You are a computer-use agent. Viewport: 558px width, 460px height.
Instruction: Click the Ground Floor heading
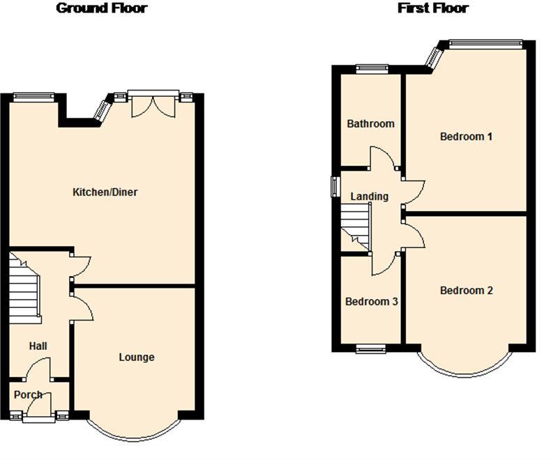pyautogui.click(x=102, y=8)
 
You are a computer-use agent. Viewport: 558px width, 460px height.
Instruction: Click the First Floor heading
pyautogui.click(x=432, y=8)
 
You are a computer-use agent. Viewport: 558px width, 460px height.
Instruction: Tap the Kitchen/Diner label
pyautogui.click(x=105, y=192)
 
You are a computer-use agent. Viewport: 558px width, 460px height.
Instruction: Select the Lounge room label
pyautogui.click(x=137, y=358)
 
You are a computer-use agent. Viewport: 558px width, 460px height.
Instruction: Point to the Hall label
pyautogui.click(x=38, y=346)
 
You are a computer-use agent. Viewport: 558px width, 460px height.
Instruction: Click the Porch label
pyautogui.click(x=28, y=394)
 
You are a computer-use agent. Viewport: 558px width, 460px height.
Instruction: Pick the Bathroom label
pyautogui.click(x=370, y=123)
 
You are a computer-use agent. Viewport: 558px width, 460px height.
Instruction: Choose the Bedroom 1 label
pyautogui.click(x=466, y=137)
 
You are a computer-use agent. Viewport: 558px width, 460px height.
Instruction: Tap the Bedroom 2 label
pyautogui.click(x=467, y=291)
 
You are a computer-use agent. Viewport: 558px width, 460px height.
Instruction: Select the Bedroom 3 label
pyautogui.click(x=372, y=302)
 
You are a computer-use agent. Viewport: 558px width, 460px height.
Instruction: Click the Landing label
pyautogui.click(x=370, y=197)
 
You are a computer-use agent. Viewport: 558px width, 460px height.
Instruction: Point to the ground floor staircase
pyautogui.click(x=24, y=288)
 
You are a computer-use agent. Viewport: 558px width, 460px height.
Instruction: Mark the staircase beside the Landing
pyautogui.click(x=356, y=226)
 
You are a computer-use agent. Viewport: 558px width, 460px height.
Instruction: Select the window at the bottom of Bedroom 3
pyautogui.click(x=371, y=348)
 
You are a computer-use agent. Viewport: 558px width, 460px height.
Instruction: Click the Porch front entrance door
pyautogui.click(x=39, y=409)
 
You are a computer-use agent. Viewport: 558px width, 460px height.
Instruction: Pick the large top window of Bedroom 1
pyautogui.click(x=485, y=44)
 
